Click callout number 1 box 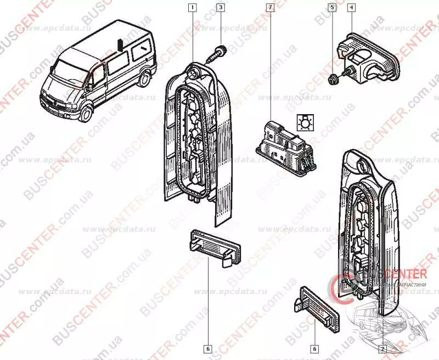click(192, 8)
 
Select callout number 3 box click(220, 8)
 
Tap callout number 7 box click(270, 8)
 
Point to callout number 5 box click(331, 8)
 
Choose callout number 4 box click(351, 8)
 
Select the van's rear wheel click(144, 79)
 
